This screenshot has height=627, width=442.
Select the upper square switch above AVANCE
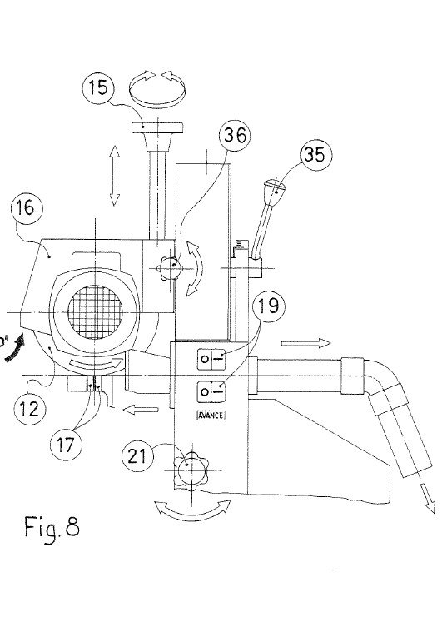pyautogui.click(x=206, y=359)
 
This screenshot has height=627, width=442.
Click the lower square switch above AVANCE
pyautogui.click(x=206, y=390)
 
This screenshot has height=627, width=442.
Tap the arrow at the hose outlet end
pyautogui.click(x=428, y=498)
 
